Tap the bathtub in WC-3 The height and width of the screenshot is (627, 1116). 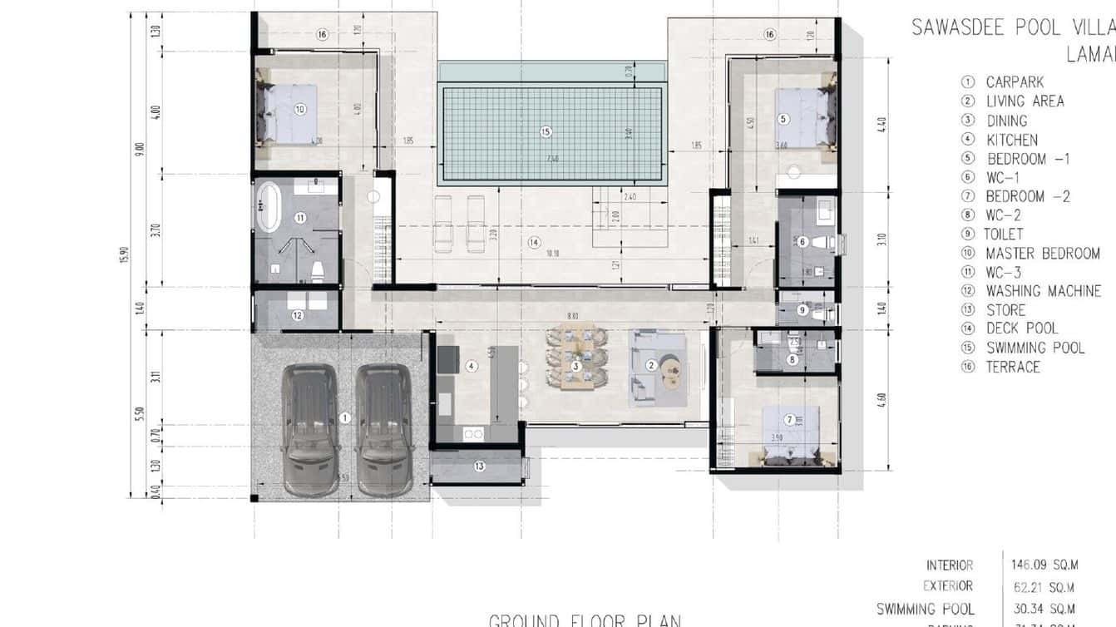tap(268, 208)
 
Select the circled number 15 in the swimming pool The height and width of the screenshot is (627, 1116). tap(546, 131)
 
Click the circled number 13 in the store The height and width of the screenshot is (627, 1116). tap(479, 466)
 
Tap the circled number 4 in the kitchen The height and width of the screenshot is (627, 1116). tap(472, 366)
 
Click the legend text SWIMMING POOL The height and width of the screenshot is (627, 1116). tap(1035, 348)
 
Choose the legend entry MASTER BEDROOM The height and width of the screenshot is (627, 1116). tap(1042, 254)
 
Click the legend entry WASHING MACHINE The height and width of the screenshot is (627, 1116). tap(1043, 291)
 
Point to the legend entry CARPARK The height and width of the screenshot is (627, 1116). tap(1015, 82)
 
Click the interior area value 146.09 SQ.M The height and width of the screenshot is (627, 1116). tap(1044, 565)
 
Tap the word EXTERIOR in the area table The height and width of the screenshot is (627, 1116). tap(947, 586)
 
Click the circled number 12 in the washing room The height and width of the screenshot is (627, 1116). tap(297, 315)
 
